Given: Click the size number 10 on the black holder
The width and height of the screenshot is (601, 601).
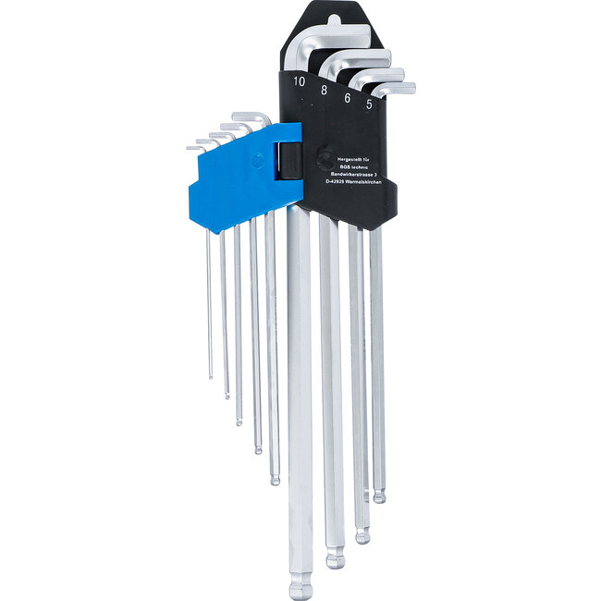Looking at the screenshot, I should tap(299, 80).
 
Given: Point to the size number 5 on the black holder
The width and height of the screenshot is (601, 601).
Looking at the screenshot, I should tap(370, 104).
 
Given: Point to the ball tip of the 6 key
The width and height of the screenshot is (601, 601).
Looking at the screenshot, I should tap(362, 535).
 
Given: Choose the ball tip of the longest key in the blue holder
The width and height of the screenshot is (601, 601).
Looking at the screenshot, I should tap(275, 479).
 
